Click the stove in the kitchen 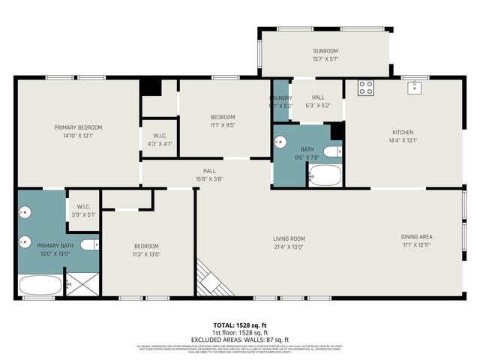click(x=366, y=88)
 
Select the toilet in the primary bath click(x=89, y=244)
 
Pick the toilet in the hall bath click(x=334, y=151)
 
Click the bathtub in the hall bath click(x=325, y=176)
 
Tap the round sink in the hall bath click(x=280, y=141)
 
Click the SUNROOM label click(x=325, y=51)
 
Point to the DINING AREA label click(x=416, y=237)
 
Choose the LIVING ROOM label click(x=289, y=239)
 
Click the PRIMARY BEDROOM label click(x=78, y=127)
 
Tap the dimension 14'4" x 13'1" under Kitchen click(x=403, y=140)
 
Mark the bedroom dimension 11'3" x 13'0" click(x=146, y=254)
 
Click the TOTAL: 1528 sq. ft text click(x=240, y=325)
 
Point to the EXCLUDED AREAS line click(x=240, y=340)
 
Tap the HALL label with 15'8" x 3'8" click(x=209, y=170)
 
